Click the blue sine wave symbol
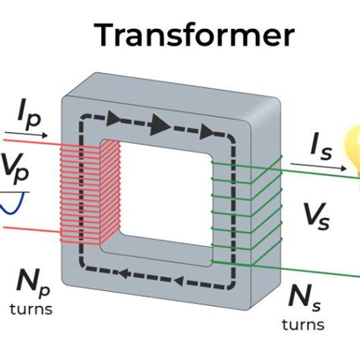[14, 202]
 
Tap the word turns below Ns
[304, 324]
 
